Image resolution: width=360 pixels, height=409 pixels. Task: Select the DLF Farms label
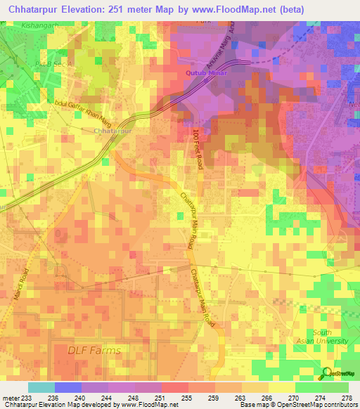coord(94,350)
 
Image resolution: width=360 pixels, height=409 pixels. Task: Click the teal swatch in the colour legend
coord(41,387)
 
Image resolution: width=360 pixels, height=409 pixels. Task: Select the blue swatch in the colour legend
coord(68,387)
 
